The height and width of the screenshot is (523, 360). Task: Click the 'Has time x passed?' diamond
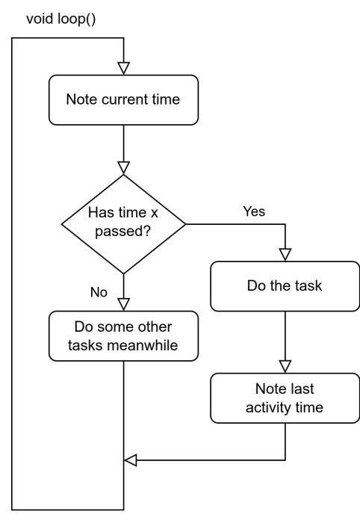(x=123, y=223)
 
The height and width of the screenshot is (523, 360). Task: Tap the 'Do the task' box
(x=285, y=285)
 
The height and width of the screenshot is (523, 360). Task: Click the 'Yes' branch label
(x=254, y=211)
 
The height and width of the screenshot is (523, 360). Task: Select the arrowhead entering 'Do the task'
(x=285, y=254)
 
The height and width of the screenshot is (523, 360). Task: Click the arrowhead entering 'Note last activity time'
(x=285, y=365)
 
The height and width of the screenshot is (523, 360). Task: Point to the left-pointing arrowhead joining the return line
(x=130, y=461)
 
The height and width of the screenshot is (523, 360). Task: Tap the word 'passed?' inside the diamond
(x=123, y=232)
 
